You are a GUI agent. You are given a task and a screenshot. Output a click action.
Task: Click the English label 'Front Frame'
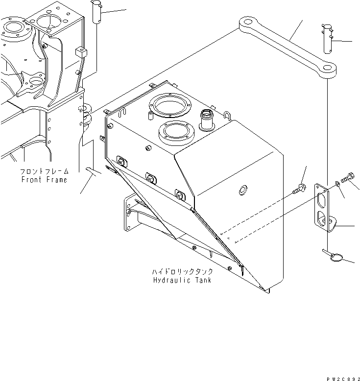point(45,180)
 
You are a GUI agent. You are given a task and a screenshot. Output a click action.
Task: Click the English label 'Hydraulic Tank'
point(182,280)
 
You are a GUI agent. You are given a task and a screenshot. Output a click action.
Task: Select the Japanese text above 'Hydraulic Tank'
point(182,271)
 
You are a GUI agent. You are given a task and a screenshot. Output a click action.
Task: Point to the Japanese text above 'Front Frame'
point(45,172)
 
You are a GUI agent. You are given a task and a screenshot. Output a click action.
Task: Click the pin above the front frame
point(97,11)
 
